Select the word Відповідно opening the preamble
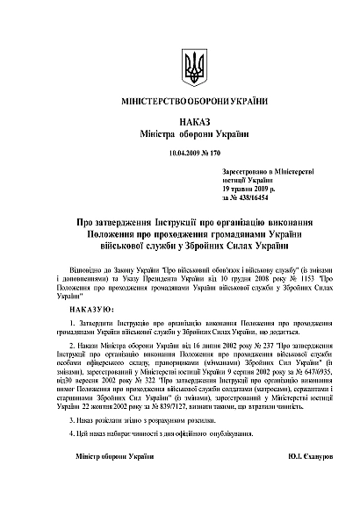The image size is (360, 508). click(85, 261)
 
